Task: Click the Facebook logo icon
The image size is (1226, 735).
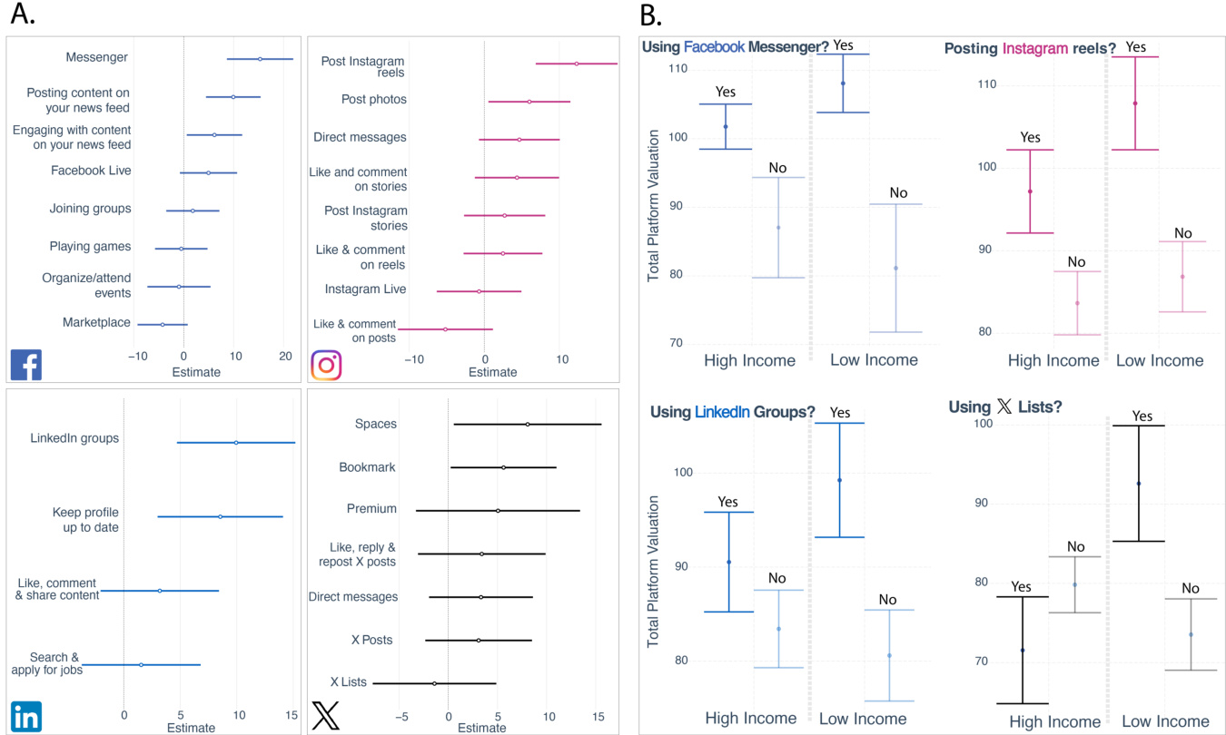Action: tap(25, 365)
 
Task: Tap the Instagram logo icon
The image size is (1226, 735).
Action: tap(326, 365)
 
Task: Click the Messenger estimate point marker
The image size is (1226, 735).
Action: tap(260, 59)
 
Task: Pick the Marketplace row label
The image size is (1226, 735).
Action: tap(96, 322)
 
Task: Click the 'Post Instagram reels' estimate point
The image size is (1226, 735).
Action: tap(576, 64)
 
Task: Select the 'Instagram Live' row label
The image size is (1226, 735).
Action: tap(365, 289)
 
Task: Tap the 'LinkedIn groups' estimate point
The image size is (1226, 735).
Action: tap(236, 443)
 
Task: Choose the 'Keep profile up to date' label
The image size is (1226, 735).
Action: tap(85, 519)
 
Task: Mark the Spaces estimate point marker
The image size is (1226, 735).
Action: tap(528, 424)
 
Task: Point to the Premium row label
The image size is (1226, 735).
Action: tap(371, 509)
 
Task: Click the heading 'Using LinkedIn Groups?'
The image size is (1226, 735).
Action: tap(732, 412)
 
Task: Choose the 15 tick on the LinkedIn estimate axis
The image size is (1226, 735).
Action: tap(292, 715)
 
